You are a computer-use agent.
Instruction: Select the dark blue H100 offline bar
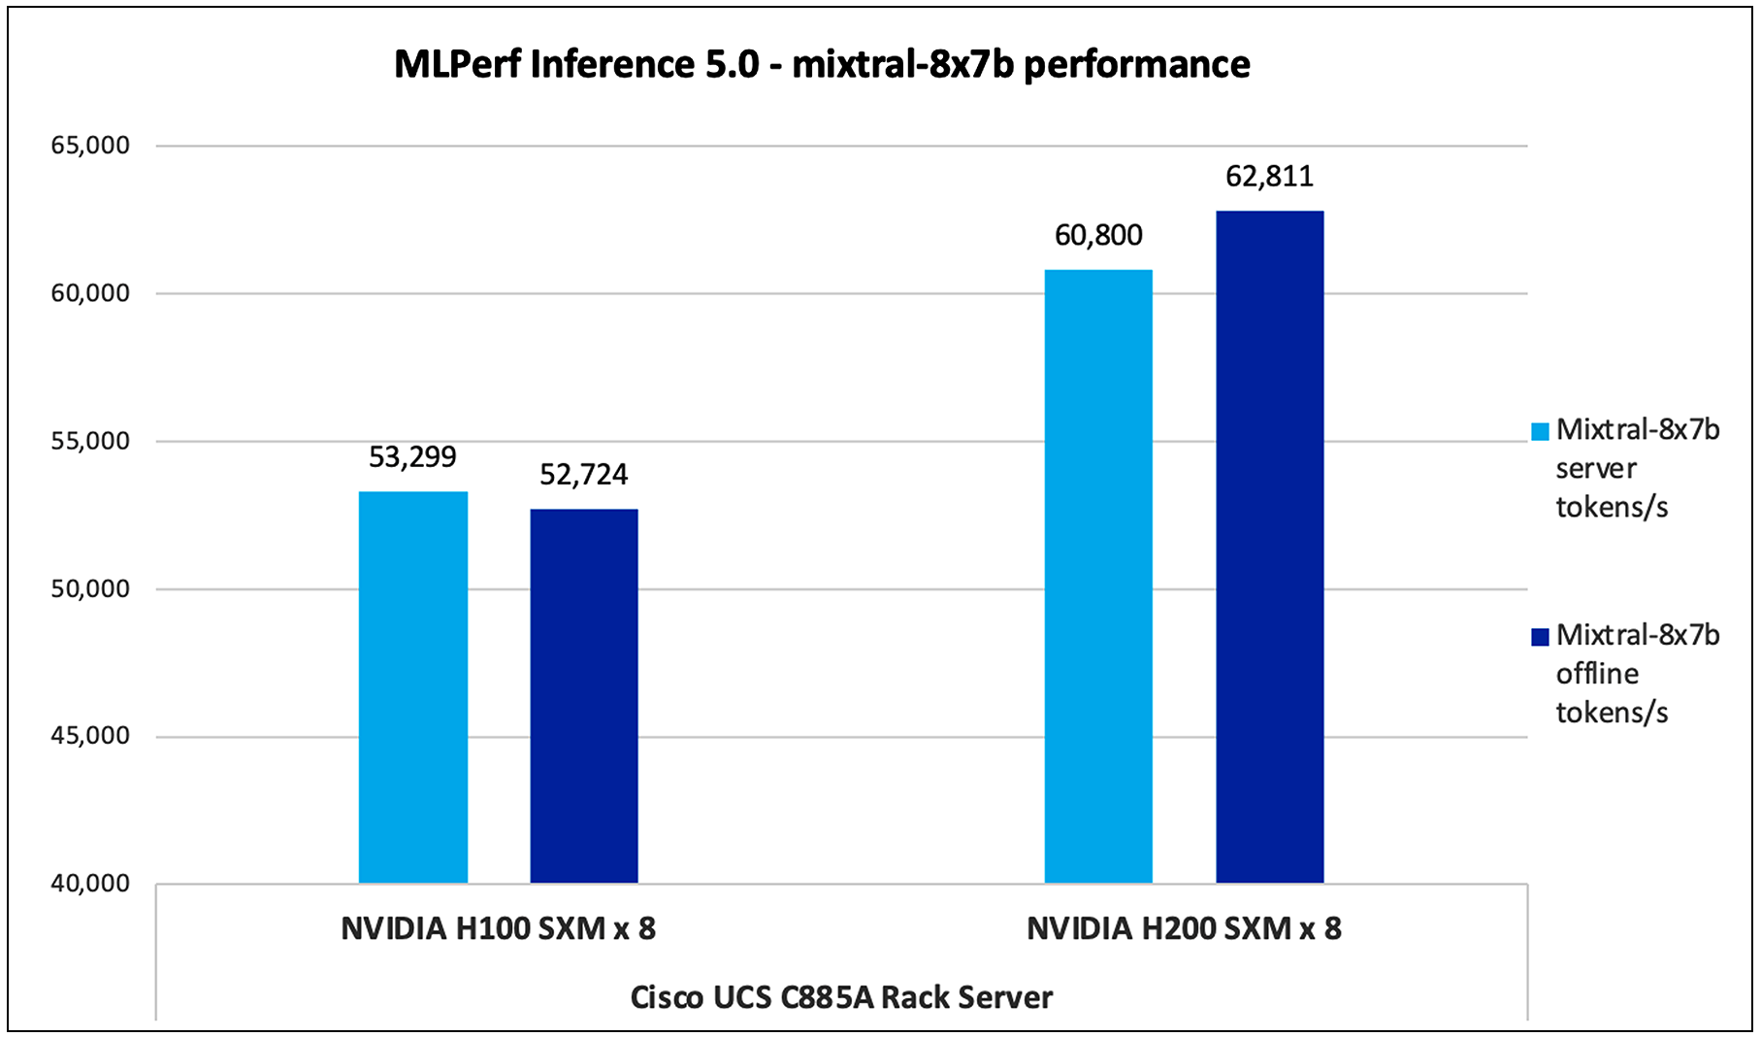click(x=584, y=696)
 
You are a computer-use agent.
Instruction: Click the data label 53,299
click(x=412, y=456)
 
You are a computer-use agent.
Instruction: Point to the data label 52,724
click(x=583, y=474)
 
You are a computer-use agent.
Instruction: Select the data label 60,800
click(x=1098, y=235)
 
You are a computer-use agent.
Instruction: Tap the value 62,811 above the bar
click(x=1269, y=176)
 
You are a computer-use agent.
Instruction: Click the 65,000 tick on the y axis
click(x=90, y=146)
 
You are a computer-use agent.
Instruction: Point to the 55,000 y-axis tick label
click(x=90, y=441)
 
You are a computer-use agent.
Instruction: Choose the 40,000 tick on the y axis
click(x=90, y=884)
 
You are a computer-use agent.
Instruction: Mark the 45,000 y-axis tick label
click(x=90, y=736)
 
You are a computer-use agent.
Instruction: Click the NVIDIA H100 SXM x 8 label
click(x=498, y=928)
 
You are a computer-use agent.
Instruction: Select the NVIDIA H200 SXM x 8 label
click(x=1184, y=928)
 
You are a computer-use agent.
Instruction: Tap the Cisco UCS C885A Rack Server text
click(x=841, y=997)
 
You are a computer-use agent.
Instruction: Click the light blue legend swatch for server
click(x=1540, y=432)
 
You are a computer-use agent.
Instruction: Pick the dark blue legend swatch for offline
click(x=1540, y=637)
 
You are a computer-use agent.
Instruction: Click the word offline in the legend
click(x=1597, y=673)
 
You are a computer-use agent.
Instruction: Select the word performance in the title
click(x=1137, y=64)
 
